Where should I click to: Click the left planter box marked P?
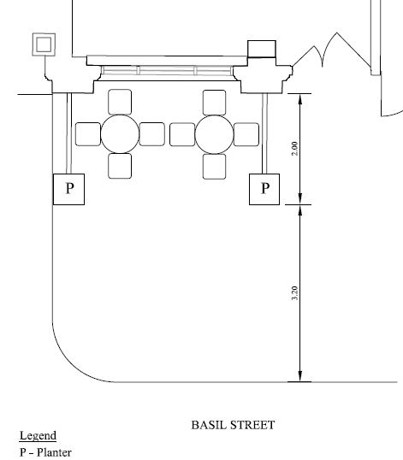point(69,189)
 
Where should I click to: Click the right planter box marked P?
point(264,189)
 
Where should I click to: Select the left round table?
point(120,134)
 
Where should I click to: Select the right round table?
point(214,134)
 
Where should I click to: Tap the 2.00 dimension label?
point(294,149)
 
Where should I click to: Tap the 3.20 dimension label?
point(294,292)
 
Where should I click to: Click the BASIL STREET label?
point(233,425)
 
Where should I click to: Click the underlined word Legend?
point(38,436)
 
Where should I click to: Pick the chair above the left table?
point(120,102)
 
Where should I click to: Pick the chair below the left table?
point(120,166)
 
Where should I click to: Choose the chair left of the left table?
point(88,134)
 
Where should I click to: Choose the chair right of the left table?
point(151,134)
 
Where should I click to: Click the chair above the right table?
point(214,103)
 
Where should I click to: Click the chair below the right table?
point(214,167)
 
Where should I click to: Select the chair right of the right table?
point(246,134)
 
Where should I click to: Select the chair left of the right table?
point(182,134)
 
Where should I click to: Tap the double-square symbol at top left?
point(44,44)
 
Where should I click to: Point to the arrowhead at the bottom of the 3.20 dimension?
point(300,376)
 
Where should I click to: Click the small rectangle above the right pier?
point(262,49)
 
